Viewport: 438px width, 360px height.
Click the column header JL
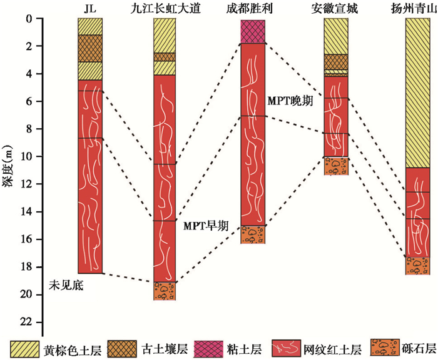tap(89, 7)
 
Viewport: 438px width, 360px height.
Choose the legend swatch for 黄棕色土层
tap(24, 347)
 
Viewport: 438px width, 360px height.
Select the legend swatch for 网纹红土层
tap(286, 347)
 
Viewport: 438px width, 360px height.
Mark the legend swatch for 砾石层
tap(383, 347)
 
